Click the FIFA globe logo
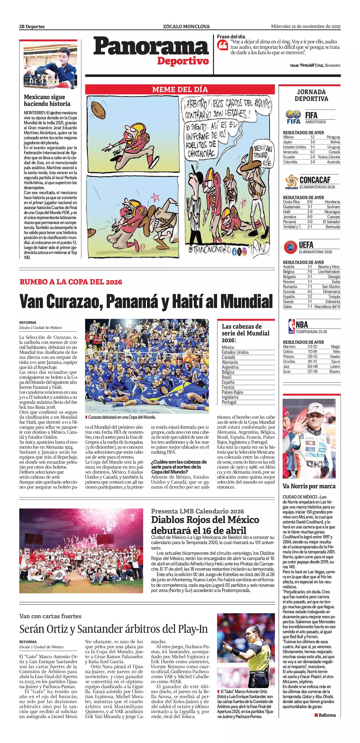pyautogui.click(x=293, y=117)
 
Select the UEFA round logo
pyautogui.click(x=291, y=247)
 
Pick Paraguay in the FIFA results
pyautogui.click(x=333, y=137)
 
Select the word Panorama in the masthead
pyautogui.click(x=151, y=47)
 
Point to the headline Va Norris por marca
pyautogui.click(x=309, y=486)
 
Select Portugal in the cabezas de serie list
pyautogui.click(x=229, y=402)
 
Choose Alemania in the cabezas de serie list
pyautogui.click(x=230, y=362)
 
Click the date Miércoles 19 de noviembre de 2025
pyautogui.click(x=306, y=26)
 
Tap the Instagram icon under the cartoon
pyautogui.click(x=244, y=252)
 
